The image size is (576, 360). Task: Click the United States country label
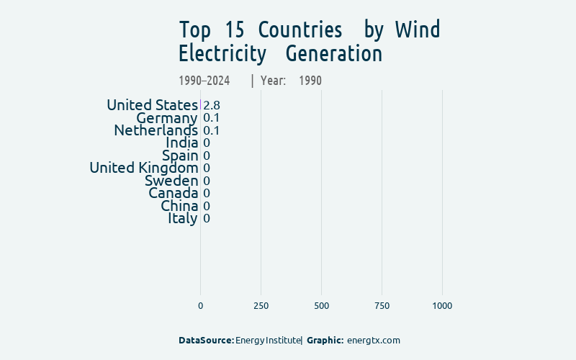[x=152, y=105]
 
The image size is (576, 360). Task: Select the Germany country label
[x=166, y=118]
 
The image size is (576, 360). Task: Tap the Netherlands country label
[x=156, y=130]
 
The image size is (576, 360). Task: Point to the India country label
[x=181, y=143]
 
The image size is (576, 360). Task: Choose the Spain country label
[x=180, y=156]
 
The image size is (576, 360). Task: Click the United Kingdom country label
[x=143, y=168]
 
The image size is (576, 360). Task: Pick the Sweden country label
[x=171, y=181]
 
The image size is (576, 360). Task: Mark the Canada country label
[x=173, y=193]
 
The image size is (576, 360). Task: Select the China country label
[x=179, y=206]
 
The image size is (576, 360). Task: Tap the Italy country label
[x=183, y=218]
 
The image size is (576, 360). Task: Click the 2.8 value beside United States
[x=212, y=105]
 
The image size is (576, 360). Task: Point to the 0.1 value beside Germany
[x=212, y=118]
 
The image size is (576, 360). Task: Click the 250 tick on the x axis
[x=261, y=306]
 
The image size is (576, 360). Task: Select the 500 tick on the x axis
[x=321, y=306]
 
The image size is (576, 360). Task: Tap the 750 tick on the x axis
[x=382, y=306]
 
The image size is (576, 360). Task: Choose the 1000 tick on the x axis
[x=442, y=306]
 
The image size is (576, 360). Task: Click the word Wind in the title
[x=418, y=30]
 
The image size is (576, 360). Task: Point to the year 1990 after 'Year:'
[x=310, y=81]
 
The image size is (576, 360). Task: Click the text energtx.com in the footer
[x=373, y=340]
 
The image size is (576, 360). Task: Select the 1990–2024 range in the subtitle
[x=204, y=81]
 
